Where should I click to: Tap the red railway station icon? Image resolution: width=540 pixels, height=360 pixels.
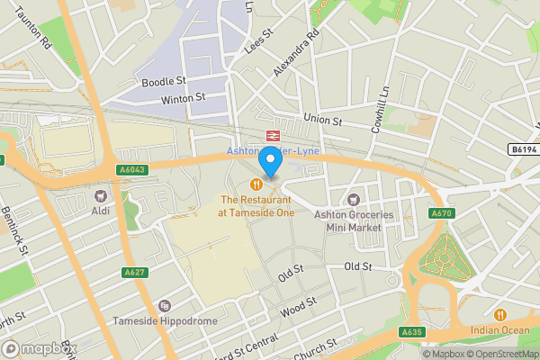tap(270, 135)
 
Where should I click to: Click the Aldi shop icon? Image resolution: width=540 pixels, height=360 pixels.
tap(100, 194)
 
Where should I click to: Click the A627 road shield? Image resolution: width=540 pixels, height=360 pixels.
tap(134, 272)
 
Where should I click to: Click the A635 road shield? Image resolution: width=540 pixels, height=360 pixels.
tap(411, 333)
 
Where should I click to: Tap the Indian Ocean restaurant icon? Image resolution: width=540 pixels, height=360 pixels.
tap(500, 315)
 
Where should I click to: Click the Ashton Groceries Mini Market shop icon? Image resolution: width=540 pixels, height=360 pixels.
tap(355, 198)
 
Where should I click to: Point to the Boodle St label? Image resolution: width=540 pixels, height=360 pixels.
tap(162, 82)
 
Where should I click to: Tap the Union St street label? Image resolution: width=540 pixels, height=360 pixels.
tap(325, 118)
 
